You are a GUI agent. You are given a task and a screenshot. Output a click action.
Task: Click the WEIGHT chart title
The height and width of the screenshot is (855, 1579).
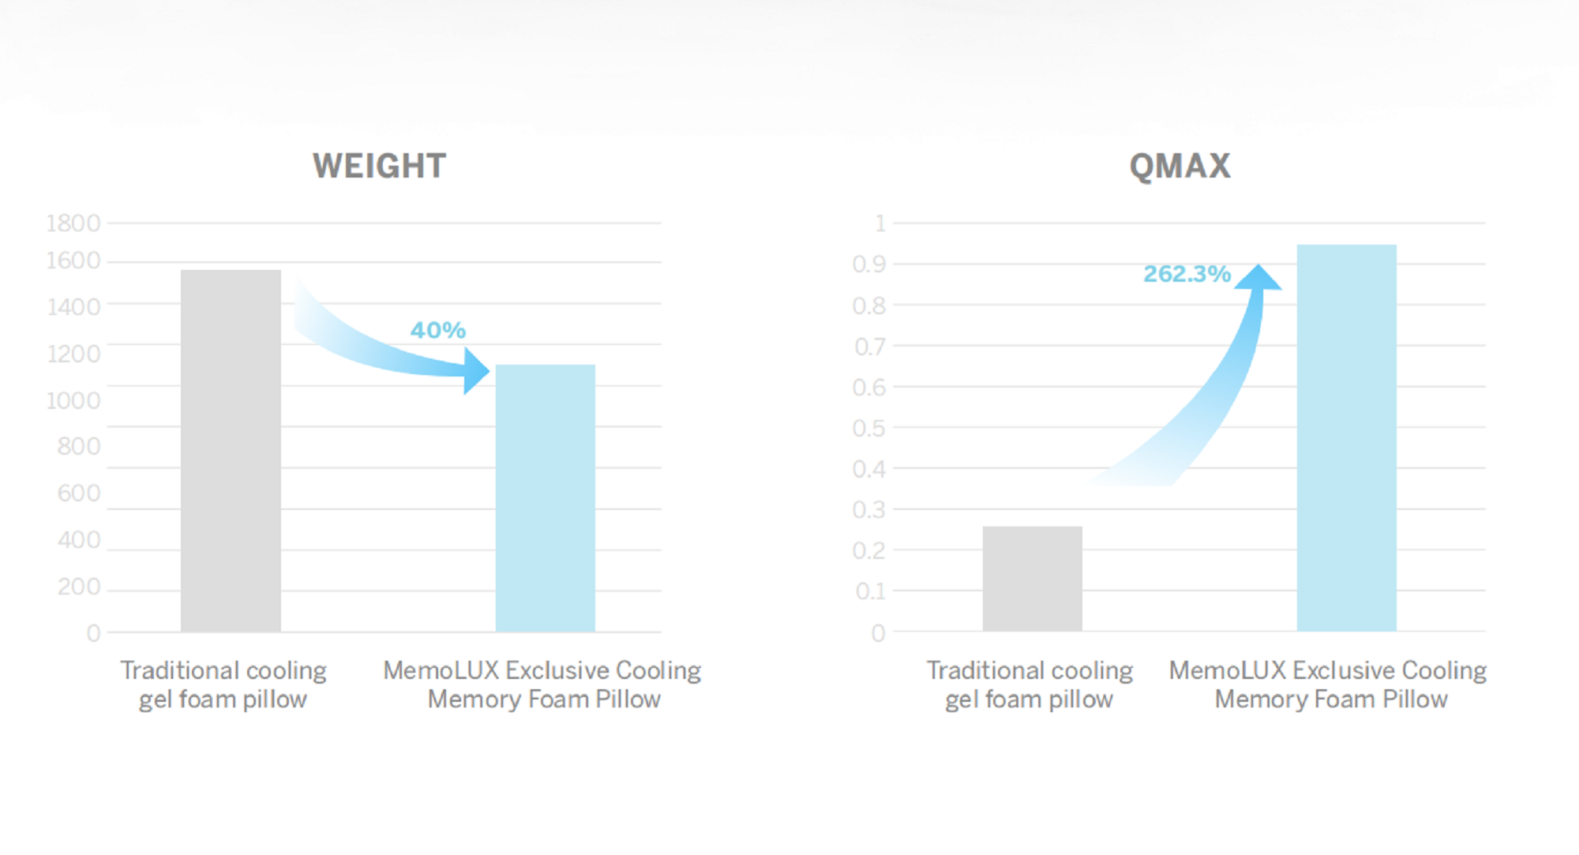pyautogui.click(x=380, y=166)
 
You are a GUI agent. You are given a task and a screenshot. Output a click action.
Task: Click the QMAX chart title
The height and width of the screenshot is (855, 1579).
pyautogui.click(x=1180, y=167)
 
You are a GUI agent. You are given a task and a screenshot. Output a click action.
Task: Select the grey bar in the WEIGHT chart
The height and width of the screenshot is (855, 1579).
pyautogui.click(x=231, y=451)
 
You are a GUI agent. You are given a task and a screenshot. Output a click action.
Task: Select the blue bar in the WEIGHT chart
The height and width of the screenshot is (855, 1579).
pyautogui.click(x=546, y=498)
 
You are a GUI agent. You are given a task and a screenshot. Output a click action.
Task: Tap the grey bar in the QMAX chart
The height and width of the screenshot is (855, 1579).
pyautogui.click(x=1033, y=579)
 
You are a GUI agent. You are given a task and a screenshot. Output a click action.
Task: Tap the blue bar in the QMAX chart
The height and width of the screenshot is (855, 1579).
pyautogui.click(x=1347, y=438)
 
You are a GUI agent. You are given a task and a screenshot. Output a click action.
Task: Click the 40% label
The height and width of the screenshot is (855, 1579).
pyautogui.click(x=438, y=330)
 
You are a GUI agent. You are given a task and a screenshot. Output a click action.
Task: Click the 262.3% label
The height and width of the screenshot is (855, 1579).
pyautogui.click(x=1187, y=274)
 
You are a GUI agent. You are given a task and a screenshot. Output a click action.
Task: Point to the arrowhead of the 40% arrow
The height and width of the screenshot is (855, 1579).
pyautogui.click(x=489, y=370)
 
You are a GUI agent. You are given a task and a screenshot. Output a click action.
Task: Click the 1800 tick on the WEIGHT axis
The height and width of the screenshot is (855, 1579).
pyautogui.click(x=73, y=223)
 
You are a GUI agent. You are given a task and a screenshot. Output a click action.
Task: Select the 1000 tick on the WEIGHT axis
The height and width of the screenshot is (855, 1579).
pyautogui.click(x=73, y=401)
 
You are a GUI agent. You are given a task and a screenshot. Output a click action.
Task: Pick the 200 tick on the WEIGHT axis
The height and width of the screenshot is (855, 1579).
pyautogui.click(x=79, y=587)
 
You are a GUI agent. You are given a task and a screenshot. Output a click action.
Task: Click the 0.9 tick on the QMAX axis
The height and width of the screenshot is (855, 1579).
pyautogui.click(x=869, y=264)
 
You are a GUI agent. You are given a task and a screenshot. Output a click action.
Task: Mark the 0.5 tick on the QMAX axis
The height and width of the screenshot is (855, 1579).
pyautogui.click(x=869, y=429)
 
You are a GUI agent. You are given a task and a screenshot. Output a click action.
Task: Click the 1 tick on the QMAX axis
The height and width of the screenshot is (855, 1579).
pyautogui.click(x=880, y=223)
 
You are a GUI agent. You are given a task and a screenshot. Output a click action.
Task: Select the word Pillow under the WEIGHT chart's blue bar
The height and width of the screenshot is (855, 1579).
pyautogui.click(x=628, y=699)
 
